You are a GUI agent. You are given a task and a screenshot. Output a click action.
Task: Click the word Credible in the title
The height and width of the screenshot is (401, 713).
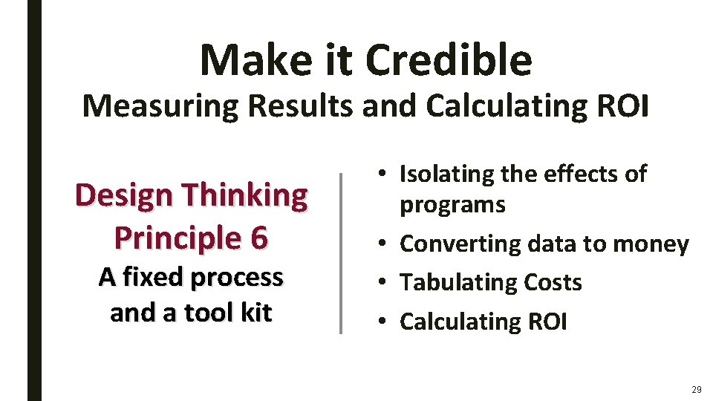tap(449, 60)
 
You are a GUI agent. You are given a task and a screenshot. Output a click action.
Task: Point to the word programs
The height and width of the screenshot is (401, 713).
tap(452, 205)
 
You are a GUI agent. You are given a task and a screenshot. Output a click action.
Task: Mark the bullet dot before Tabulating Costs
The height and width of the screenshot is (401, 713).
tap(382, 283)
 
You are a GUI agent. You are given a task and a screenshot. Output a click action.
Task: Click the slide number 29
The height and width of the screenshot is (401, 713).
tap(695, 389)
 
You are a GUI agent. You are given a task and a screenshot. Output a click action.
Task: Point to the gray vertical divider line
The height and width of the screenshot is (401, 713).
tap(340, 252)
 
